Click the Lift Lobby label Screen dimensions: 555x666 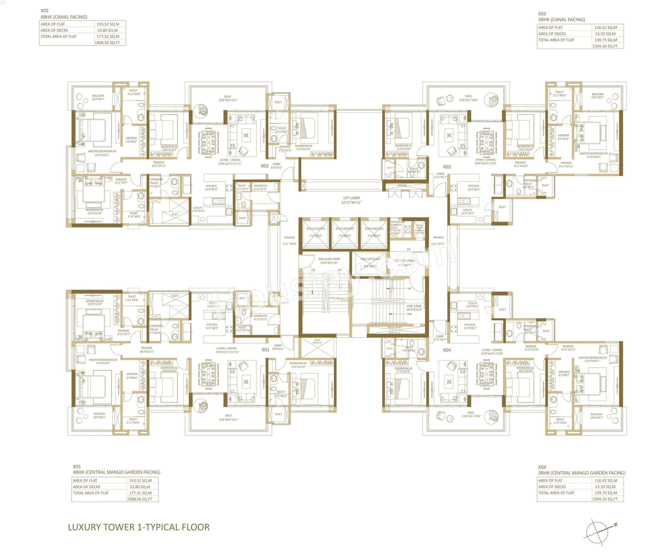click(x=351, y=200)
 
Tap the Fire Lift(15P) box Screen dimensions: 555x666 click(x=370, y=263)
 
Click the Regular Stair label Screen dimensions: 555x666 click(x=329, y=261)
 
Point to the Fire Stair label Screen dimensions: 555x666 click(x=414, y=308)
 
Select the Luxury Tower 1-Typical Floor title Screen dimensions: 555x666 click(x=139, y=527)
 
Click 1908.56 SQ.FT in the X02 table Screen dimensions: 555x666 click(x=107, y=43)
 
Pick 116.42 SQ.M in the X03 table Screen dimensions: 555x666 click(x=606, y=28)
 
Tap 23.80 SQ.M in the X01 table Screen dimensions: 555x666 click(x=140, y=487)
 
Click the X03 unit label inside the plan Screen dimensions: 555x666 click(x=446, y=167)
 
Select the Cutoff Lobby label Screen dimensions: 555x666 click(x=405, y=262)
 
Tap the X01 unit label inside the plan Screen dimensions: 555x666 click(x=265, y=350)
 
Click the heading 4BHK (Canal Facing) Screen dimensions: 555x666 click(x=64, y=17)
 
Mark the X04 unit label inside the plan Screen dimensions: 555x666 click(x=446, y=350)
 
